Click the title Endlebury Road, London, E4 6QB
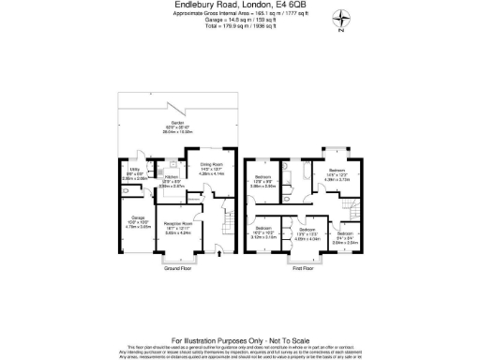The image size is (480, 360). pyautogui.click(x=240, y=7)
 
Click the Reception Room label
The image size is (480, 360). pyautogui.click(x=177, y=225)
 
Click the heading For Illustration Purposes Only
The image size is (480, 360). pyautogui.click(x=240, y=312)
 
